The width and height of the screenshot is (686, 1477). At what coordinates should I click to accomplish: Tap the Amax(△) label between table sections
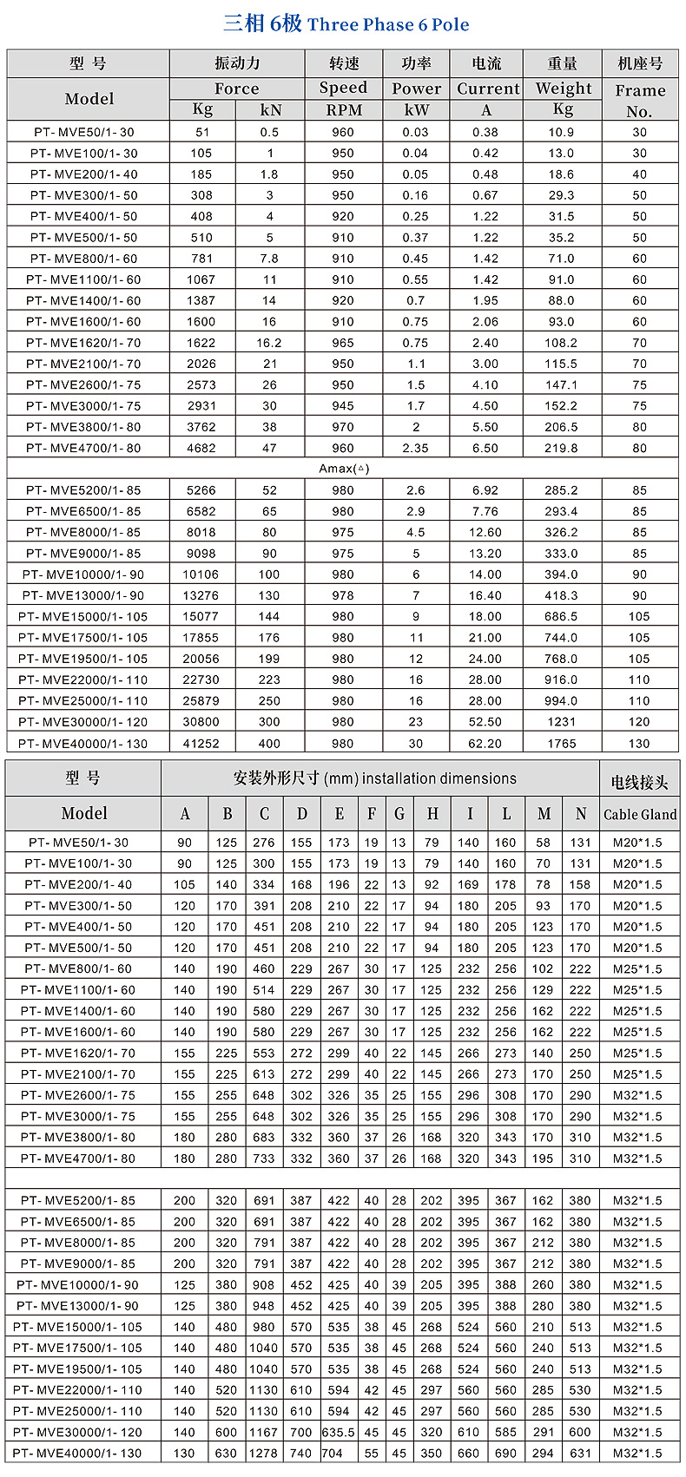point(344,469)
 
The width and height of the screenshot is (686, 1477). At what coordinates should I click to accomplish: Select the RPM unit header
point(343,110)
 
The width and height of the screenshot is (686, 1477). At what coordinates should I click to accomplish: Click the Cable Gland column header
point(640,814)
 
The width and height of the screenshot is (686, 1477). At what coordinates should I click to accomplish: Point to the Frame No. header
point(639,101)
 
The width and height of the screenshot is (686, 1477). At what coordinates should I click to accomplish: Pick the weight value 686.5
point(561,616)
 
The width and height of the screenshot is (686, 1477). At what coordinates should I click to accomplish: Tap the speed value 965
point(343,343)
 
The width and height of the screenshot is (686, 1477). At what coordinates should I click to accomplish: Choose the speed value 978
point(343,595)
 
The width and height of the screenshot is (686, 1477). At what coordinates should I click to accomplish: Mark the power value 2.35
point(416,448)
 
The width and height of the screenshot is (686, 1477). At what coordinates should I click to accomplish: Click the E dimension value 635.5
point(339,1432)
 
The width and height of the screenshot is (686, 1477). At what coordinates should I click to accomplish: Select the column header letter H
point(432,814)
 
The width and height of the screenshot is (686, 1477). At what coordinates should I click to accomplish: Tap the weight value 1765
point(561,743)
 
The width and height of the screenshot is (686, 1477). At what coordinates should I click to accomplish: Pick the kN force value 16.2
point(269,343)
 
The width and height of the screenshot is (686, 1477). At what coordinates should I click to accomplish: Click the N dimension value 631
point(580,1453)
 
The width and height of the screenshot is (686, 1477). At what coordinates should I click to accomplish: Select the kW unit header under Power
point(416,110)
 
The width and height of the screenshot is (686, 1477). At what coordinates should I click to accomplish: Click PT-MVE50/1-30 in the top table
point(84,132)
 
